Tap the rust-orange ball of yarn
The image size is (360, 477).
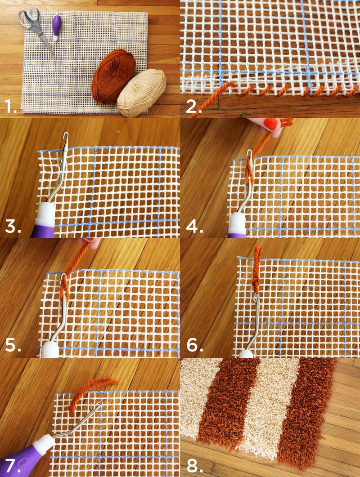coord(113,76)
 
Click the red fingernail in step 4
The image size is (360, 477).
coord(271,124)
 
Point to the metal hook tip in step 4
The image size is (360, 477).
coord(250,152)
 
